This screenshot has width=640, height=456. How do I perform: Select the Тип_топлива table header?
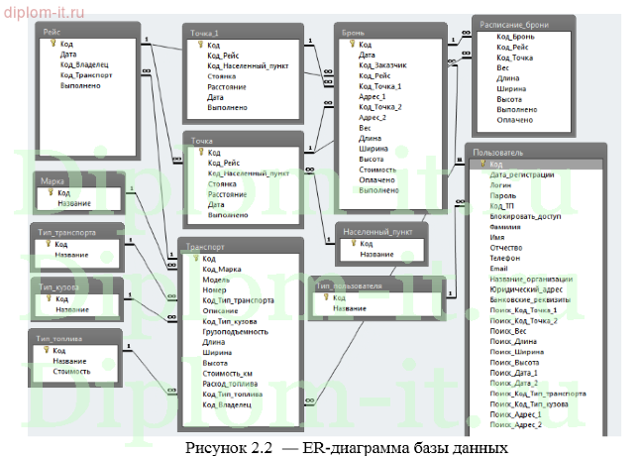(x=74, y=338)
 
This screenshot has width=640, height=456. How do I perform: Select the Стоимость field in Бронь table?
(x=377, y=170)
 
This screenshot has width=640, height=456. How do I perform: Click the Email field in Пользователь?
(x=499, y=267)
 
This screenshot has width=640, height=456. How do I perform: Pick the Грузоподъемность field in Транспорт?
(x=236, y=331)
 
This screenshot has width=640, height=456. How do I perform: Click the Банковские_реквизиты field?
(x=529, y=298)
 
